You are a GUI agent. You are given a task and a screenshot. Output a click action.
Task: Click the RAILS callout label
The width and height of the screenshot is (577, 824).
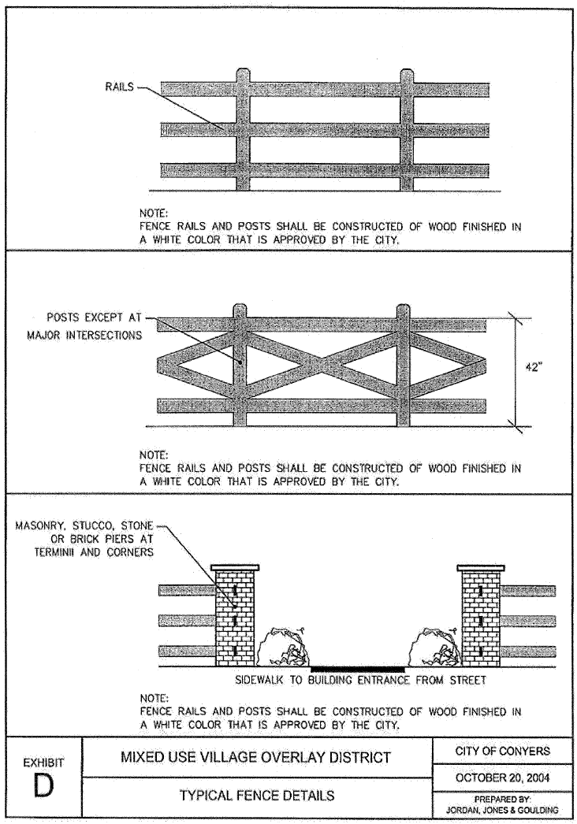tap(119, 87)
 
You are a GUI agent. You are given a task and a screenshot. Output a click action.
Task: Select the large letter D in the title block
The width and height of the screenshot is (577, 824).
tap(44, 788)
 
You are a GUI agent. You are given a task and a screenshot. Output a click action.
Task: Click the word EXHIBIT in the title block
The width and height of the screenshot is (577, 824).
tap(44, 763)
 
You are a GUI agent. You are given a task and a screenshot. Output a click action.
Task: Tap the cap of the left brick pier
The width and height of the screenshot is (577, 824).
tap(235, 566)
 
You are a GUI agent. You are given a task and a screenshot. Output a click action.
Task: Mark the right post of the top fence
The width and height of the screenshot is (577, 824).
tap(405, 130)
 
